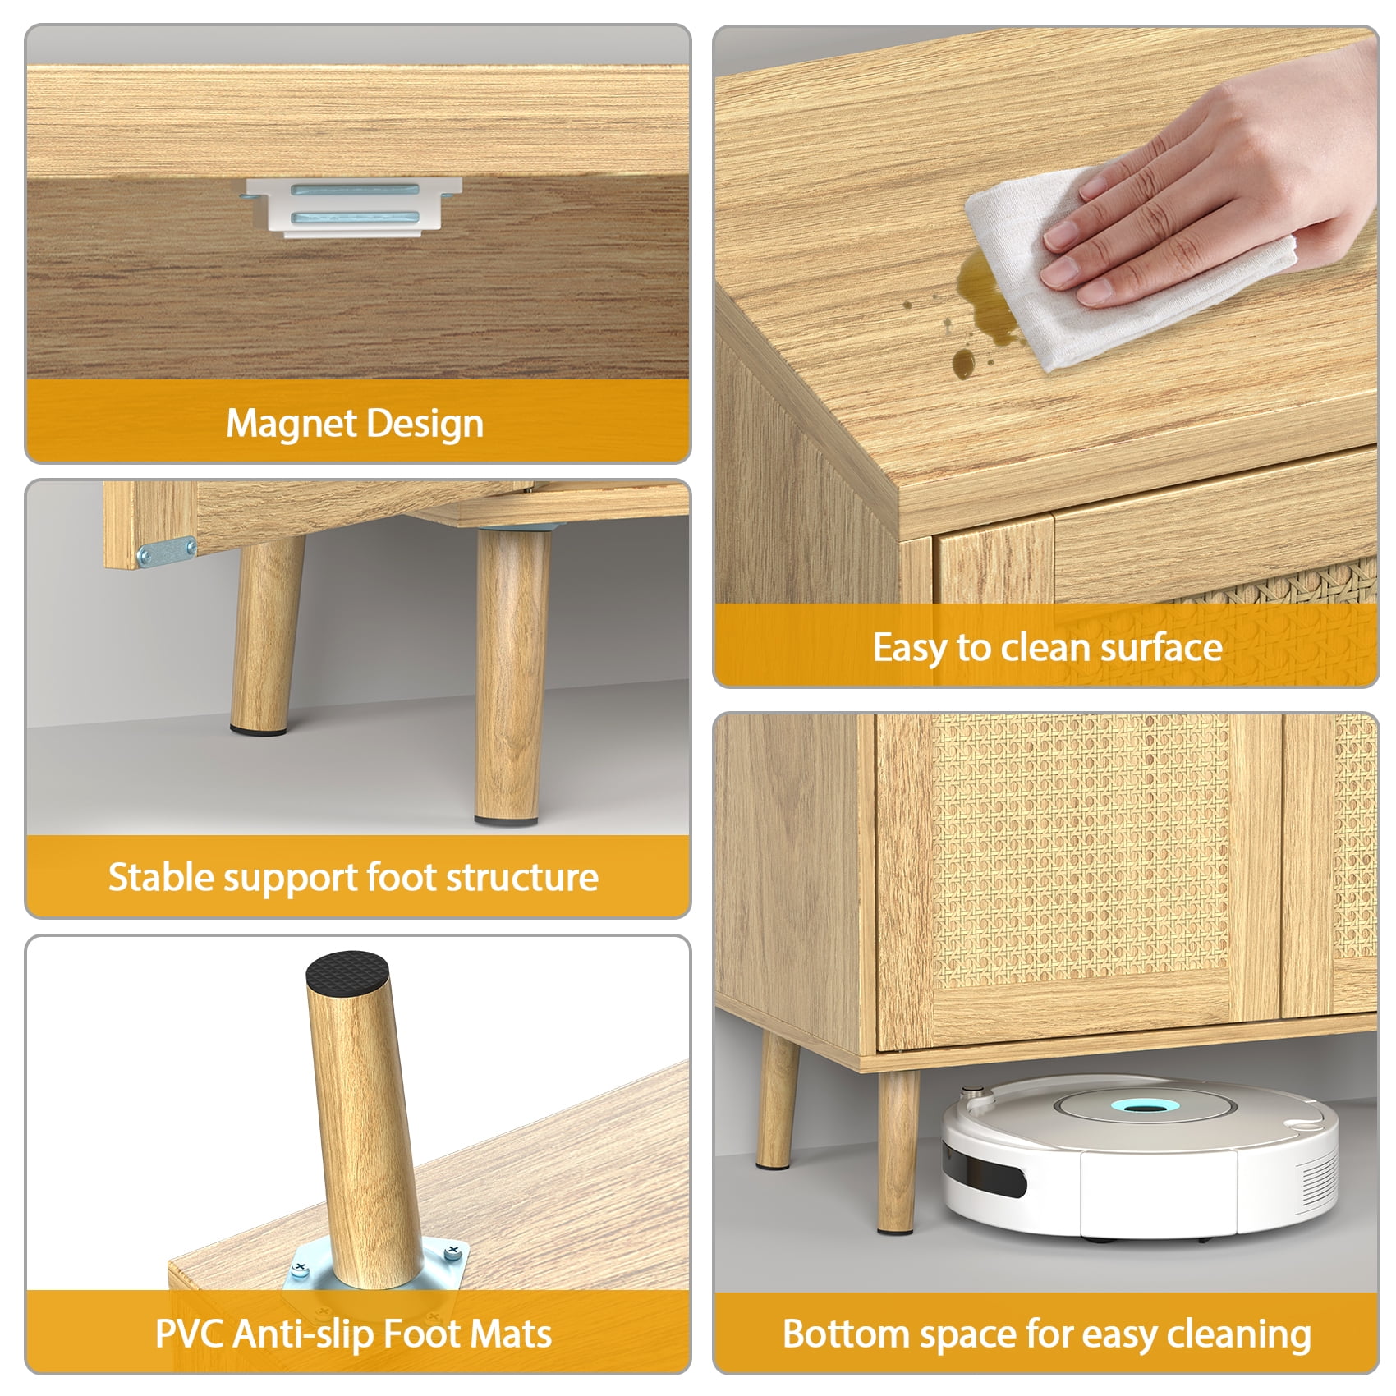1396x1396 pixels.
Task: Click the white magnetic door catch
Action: pyautogui.click(x=353, y=208)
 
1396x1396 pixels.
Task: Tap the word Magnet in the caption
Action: pyautogui.click(x=290, y=424)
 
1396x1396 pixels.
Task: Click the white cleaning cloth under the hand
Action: pyautogui.click(x=1125, y=267)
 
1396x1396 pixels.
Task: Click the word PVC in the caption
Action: pyautogui.click(x=191, y=1334)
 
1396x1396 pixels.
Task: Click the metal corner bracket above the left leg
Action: pyautogui.click(x=167, y=552)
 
